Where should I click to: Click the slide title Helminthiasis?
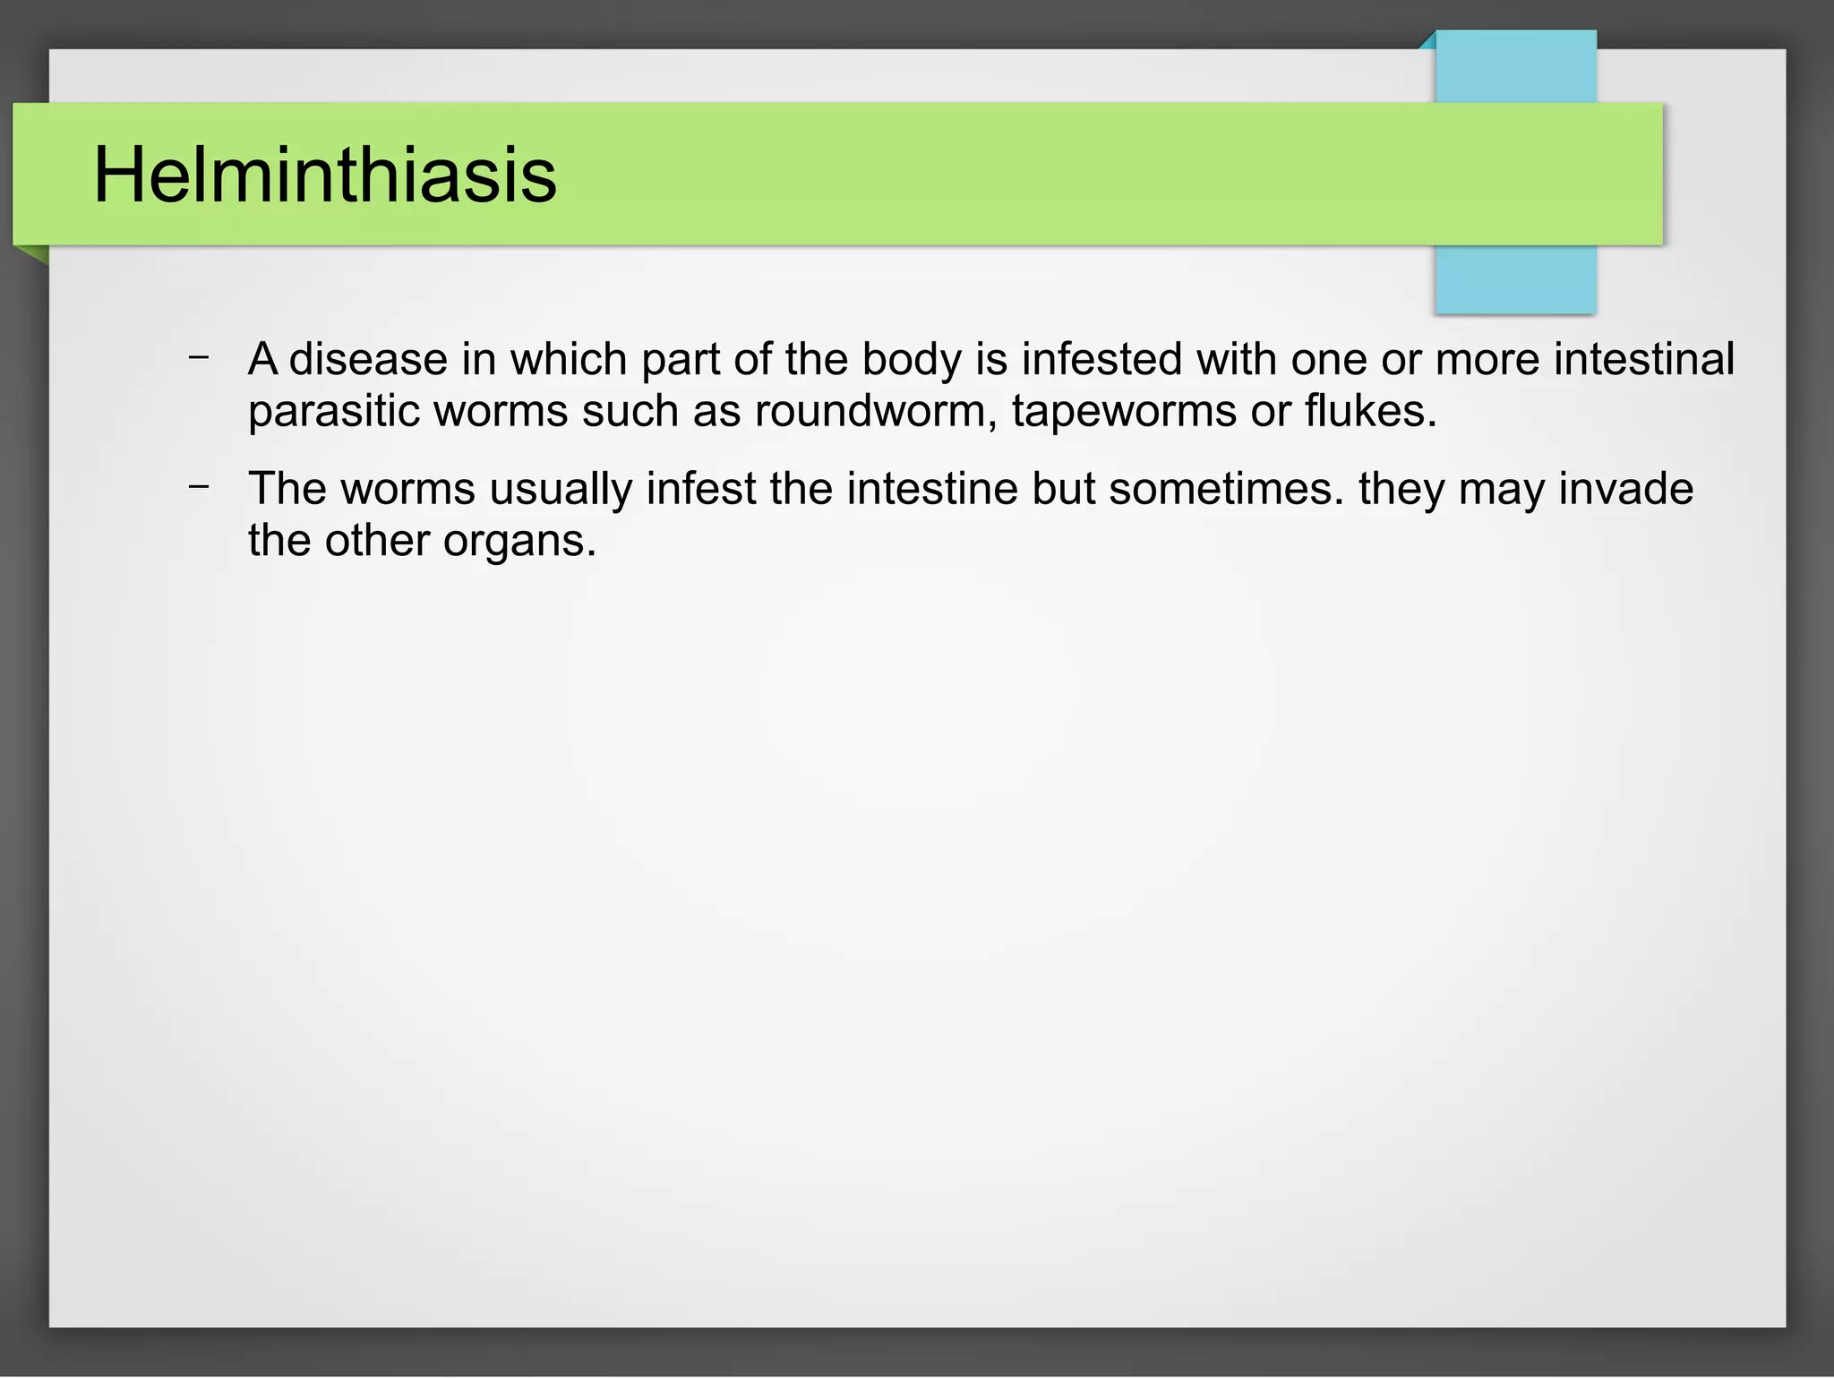click(x=325, y=175)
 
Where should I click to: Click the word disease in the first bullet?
click(x=368, y=360)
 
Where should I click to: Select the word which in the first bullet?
click(x=569, y=360)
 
